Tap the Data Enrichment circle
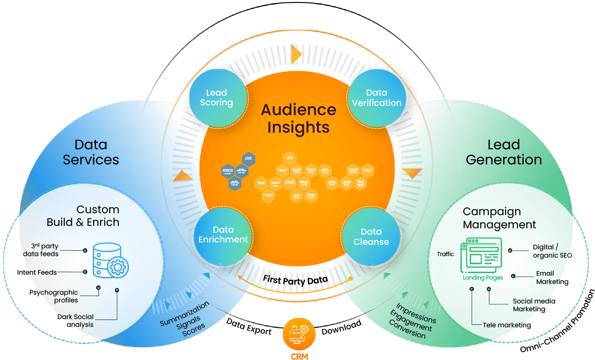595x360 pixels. point(223,235)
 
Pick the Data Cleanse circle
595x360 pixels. point(371,237)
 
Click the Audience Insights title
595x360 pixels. point(298,119)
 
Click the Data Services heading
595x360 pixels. point(91,152)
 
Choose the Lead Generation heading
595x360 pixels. point(504,152)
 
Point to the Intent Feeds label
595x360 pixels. point(37,272)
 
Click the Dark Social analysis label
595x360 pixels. point(75,320)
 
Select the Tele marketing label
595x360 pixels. point(507,325)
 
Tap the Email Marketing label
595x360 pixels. point(552,278)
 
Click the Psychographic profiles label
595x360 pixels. point(54,296)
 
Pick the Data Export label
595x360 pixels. point(249,326)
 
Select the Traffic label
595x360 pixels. point(446,254)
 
